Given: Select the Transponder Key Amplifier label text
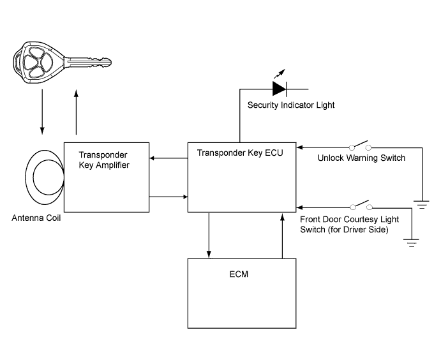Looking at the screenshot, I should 104,160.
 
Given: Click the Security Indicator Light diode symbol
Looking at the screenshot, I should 280,88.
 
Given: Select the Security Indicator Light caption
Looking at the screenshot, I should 291,105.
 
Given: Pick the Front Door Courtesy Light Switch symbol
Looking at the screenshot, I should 361,206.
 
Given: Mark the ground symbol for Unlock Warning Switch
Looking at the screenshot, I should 421,205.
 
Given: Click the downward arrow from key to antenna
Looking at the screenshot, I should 43,112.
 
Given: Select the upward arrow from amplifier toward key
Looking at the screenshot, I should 77,112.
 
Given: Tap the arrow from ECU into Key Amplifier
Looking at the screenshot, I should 168,159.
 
